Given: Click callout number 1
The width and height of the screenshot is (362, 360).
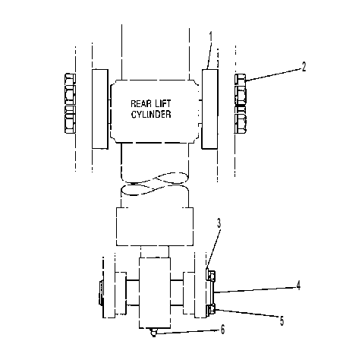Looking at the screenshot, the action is click(x=211, y=37).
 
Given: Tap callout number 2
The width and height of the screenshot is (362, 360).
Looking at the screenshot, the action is click(x=304, y=67).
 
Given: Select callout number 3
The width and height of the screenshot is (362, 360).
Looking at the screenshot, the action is click(x=219, y=223).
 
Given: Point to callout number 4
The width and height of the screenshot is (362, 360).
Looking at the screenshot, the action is click(x=298, y=286).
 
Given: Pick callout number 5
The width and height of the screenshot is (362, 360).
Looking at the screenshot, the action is click(x=282, y=321).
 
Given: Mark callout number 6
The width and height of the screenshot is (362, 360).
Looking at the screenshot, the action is click(x=222, y=330).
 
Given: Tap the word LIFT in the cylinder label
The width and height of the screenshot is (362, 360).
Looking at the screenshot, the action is click(x=162, y=103).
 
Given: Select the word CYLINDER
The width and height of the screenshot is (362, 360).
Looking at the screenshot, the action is click(x=151, y=114).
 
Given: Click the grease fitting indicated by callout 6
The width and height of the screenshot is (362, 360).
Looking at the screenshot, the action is click(x=153, y=332).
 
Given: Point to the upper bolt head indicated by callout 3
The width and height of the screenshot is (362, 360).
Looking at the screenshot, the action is click(x=211, y=275).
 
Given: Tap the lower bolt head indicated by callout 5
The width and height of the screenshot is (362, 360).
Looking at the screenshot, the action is click(x=211, y=309).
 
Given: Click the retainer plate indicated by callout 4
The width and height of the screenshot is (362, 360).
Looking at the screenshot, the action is click(x=211, y=292).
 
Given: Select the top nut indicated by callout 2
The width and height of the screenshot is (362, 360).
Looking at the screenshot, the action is click(x=240, y=79).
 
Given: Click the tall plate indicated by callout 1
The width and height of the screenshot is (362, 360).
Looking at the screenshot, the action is click(x=209, y=109).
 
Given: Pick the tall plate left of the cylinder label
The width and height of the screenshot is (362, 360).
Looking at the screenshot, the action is click(x=100, y=109).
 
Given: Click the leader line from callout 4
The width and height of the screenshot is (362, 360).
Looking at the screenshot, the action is click(x=255, y=290).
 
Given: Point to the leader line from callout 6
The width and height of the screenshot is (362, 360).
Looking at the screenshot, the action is click(x=187, y=332).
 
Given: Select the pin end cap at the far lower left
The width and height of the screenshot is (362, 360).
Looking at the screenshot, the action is click(x=101, y=293).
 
